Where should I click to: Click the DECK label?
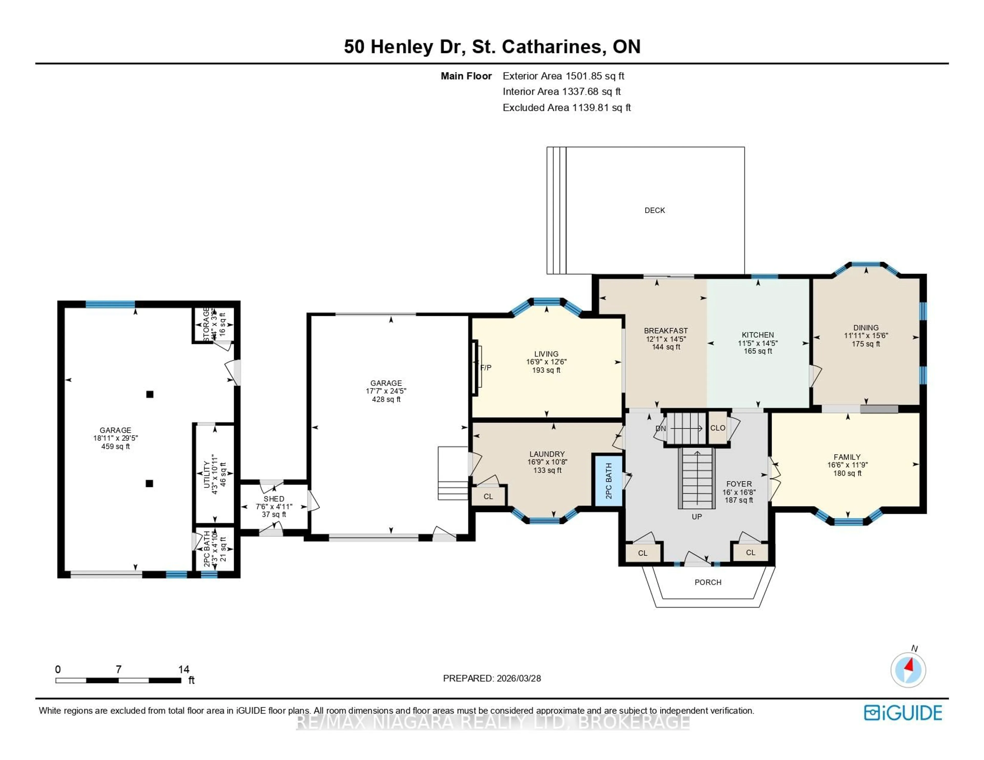[x=654, y=210]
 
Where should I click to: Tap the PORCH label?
[x=708, y=582]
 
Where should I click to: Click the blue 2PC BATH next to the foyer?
[x=609, y=481]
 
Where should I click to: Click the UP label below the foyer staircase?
[x=696, y=516]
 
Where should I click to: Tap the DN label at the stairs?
[x=661, y=429]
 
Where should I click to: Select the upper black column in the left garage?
[x=150, y=394]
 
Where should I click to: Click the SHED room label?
[x=274, y=499]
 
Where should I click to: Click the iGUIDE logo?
[x=903, y=713]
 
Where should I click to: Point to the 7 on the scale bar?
[x=118, y=669]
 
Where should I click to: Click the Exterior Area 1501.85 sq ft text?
[x=563, y=76]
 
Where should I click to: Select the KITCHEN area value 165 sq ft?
[x=758, y=351]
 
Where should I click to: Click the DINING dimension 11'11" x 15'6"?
[x=866, y=336]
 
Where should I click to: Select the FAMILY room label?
[x=847, y=457]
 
